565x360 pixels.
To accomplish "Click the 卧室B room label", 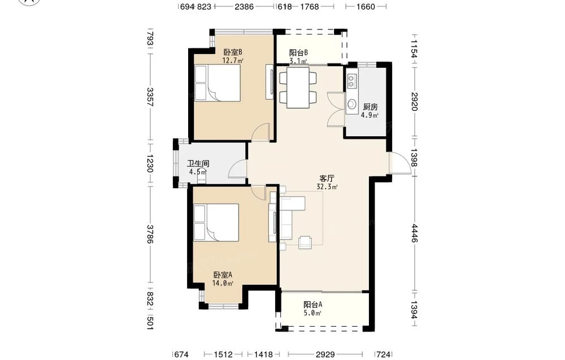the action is [233, 52].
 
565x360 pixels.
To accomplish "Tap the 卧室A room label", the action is [223, 275].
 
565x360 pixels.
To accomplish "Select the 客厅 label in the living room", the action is [327, 179].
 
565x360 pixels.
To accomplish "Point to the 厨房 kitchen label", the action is [370, 107].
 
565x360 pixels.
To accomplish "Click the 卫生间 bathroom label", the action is [198, 163].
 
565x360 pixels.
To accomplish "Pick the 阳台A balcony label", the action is [313, 305].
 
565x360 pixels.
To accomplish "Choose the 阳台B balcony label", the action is [298, 53].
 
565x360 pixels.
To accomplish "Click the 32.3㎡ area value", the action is [327, 187].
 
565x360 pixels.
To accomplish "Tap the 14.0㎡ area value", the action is [223, 283].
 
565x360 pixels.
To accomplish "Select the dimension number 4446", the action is [414, 233].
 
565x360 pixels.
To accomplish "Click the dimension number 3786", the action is [150, 234].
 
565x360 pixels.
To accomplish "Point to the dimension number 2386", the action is [244, 6].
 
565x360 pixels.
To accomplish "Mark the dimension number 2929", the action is [325, 354].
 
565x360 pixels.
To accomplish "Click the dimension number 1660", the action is [366, 6].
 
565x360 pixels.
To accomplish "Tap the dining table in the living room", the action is [298, 88].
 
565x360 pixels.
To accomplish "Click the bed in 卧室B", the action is [218, 83].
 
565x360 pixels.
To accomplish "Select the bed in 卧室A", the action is [216, 222].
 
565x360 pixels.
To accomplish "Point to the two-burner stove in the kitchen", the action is [351, 81].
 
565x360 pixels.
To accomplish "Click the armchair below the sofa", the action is [305, 242].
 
